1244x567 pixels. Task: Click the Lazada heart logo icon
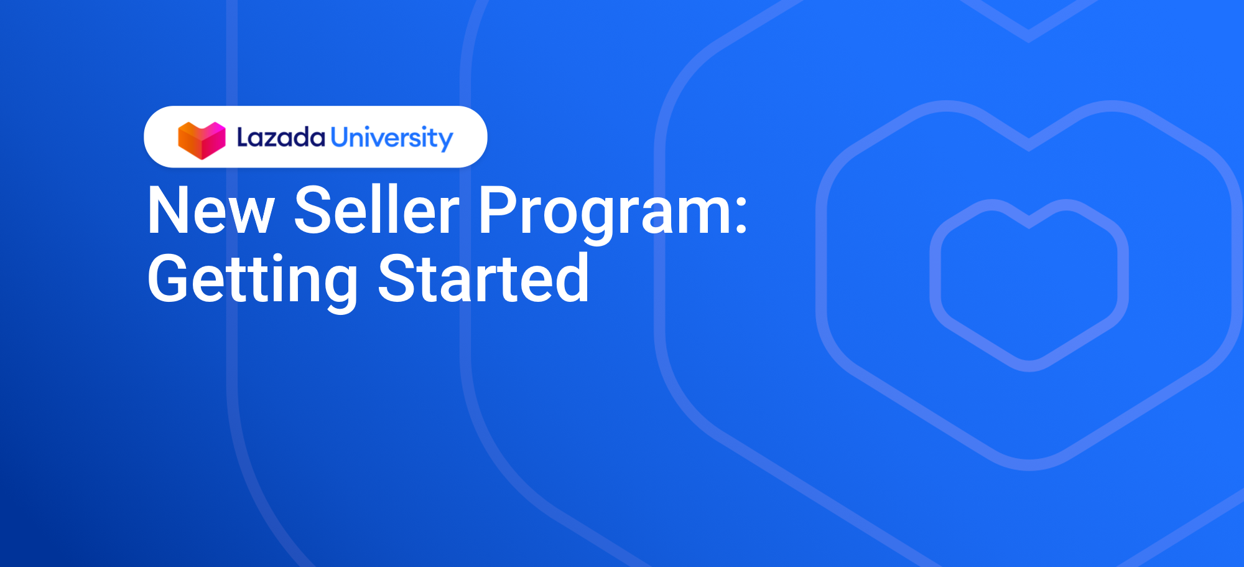click(x=202, y=140)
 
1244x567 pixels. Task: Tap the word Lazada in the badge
click(x=281, y=138)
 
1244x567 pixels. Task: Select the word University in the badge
click(x=392, y=139)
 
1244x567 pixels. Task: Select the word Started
click(x=483, y=278)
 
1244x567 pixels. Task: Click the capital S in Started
click(x=398, y=278)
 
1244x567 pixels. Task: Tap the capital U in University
click(x=340, y=137)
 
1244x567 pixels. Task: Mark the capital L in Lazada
click(x=243, y=138)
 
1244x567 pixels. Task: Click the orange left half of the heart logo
click(x=190, y=140)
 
